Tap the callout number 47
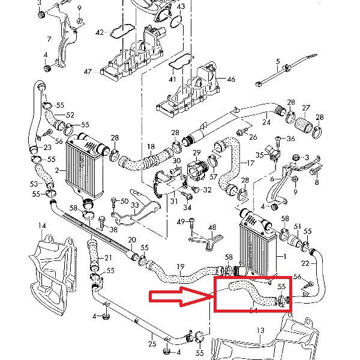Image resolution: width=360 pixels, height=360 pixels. (x=88, y=71)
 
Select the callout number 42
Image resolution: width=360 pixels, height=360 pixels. (x=100, y=31)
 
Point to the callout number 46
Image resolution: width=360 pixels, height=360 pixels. (x=231, y=79)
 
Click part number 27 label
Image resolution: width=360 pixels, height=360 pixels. (x=306, y=108)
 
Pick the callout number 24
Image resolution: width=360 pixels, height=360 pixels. (x=266, y=122)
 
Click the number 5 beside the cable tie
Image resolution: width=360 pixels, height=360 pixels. (x=278, y=62)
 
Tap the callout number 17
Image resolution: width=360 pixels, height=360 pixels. (x=251, y=162)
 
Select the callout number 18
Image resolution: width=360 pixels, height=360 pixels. (x=151, y=146)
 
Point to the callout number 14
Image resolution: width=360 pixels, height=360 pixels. (x=42, y=226)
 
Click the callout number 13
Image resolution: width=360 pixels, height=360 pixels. (x=260, y=331)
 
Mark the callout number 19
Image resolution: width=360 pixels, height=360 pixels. (x=179, y=266)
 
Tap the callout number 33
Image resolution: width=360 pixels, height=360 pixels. (x=134, y=205)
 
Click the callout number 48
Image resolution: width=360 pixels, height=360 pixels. (x=211, y=227)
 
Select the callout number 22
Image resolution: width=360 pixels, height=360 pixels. (x=305, y=263)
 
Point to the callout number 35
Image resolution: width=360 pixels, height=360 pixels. (x=260, y=155)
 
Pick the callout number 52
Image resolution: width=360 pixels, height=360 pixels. (x=70, y=115)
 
